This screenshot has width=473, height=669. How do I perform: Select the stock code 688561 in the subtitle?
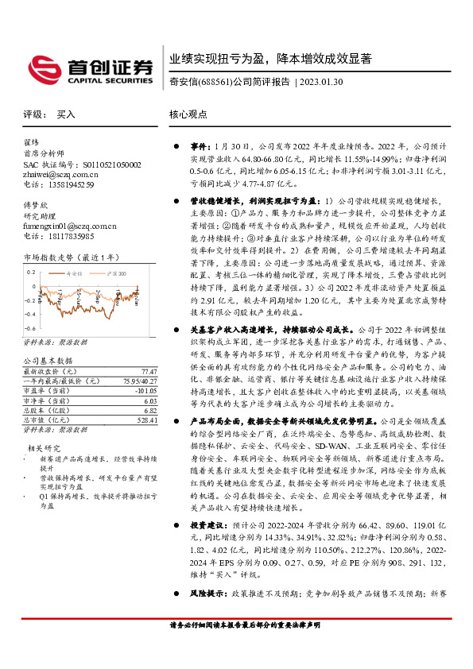pyautogui.click(x=215, y=82)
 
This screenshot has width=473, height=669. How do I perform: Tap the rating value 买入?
pyautogui.click(x=66, y=114)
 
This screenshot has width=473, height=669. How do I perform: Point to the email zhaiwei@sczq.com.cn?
pyautogui.click(x=60, y=175)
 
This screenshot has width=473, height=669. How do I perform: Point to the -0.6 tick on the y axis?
pyautogui.click(x=31, y=327)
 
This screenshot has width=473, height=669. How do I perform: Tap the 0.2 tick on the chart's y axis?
pyautogui.click(x=32, y=271)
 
